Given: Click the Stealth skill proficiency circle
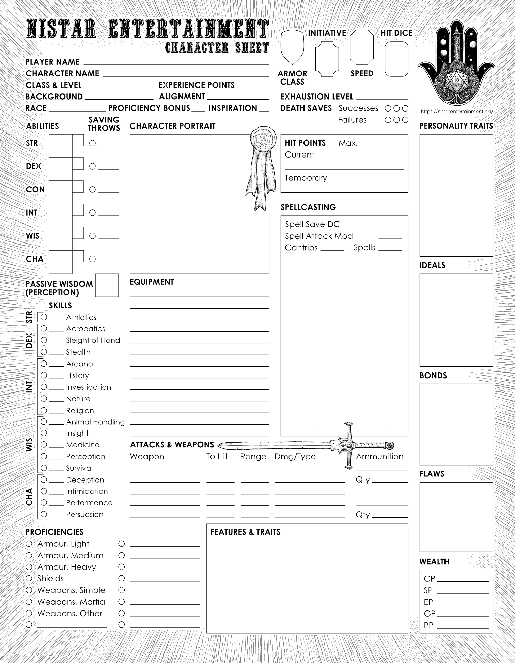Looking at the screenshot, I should point(44,352).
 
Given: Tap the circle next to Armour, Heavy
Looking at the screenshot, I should point(29,567).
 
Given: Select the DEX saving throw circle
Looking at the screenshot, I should point(92,166).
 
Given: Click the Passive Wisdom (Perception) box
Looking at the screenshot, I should point(107,285).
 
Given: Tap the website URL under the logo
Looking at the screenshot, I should point(456,112).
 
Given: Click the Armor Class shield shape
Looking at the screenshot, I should point(292,46).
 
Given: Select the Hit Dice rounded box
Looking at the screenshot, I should point(396,59).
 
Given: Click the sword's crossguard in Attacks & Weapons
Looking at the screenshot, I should point(349,445).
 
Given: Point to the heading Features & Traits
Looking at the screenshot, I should point(245,532).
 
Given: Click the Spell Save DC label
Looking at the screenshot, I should point(312,224).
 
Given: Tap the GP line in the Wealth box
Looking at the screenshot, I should point(463,614).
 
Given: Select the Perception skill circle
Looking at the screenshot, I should point(44,456).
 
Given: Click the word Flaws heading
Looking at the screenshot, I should point(432,474).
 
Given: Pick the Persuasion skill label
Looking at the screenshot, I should point(84,514).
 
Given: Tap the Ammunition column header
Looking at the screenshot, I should point(379,456).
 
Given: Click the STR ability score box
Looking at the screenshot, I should point(60,146).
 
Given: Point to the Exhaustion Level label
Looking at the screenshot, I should point(317,97).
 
